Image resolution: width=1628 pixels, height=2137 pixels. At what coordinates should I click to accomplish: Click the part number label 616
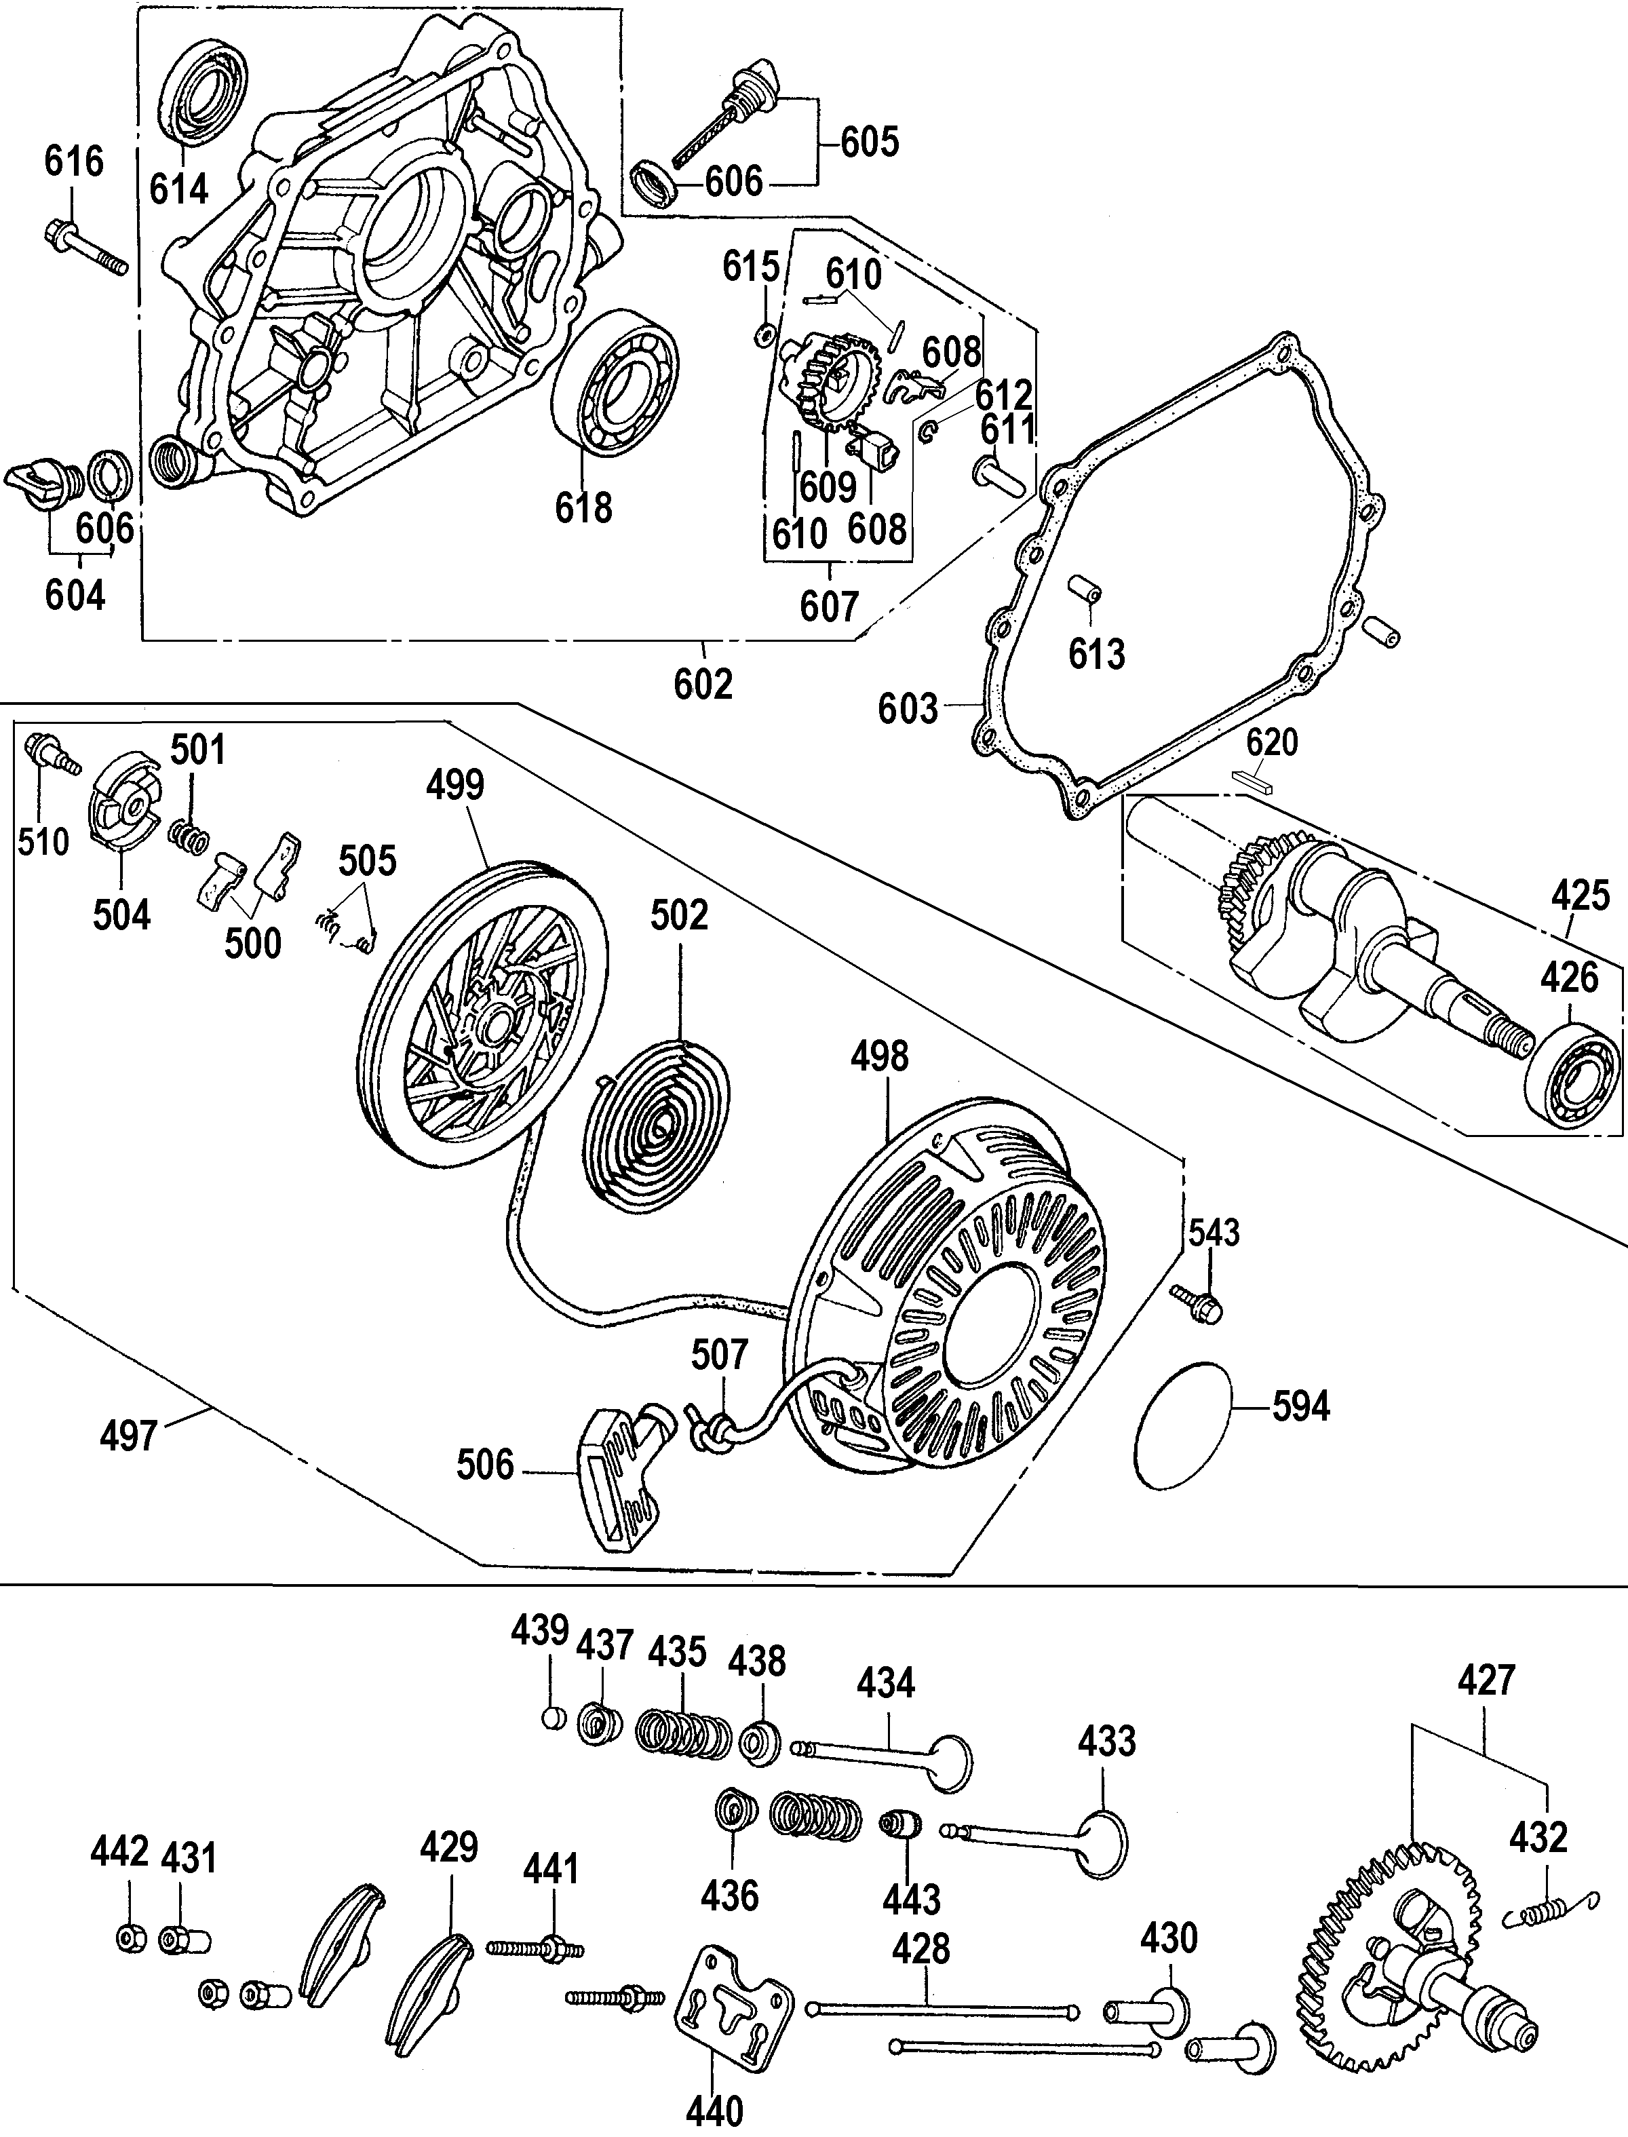point(75,161)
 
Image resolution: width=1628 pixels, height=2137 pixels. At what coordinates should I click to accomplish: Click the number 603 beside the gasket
point(908,708)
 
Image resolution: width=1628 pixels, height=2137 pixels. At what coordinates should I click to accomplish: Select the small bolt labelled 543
point(1196,1302)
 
